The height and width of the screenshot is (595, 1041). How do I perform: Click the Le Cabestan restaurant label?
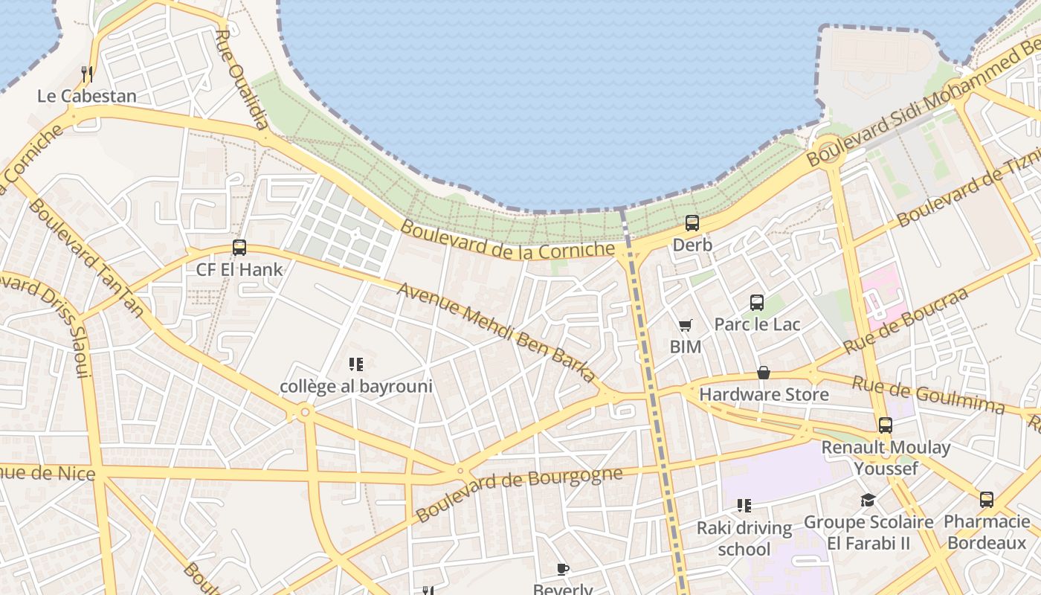pos(87,96)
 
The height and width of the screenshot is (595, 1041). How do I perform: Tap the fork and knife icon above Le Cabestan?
pos(87,74)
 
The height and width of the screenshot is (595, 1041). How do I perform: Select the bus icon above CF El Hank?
pos(239,248)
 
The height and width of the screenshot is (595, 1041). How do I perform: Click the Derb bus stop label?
pos(692,245)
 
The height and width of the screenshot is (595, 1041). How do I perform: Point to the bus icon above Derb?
pos(692,222)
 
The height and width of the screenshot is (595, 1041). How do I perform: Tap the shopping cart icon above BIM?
pos(685,325)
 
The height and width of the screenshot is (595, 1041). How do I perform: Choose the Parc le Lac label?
pos(757,324)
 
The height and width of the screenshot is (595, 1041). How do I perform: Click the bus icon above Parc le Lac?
pos(757,302)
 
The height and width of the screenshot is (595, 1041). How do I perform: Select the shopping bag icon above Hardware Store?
pos(764,373)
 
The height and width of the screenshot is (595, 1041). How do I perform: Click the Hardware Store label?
pos(764,394)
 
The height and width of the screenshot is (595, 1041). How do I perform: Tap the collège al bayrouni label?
pos(356,387)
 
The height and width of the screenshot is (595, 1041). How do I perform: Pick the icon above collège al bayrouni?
pos(356,364)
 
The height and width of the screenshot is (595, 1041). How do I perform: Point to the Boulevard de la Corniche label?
pos(509,239)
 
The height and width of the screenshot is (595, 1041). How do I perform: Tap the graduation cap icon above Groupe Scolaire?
pos(868,500)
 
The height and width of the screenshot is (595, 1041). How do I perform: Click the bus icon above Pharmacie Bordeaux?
pos(987,500)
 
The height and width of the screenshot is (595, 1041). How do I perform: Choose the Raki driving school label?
pos(744,538)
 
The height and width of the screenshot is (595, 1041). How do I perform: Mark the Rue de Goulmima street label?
pos(928,395)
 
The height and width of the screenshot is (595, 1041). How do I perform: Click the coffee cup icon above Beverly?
pos(563,570)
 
